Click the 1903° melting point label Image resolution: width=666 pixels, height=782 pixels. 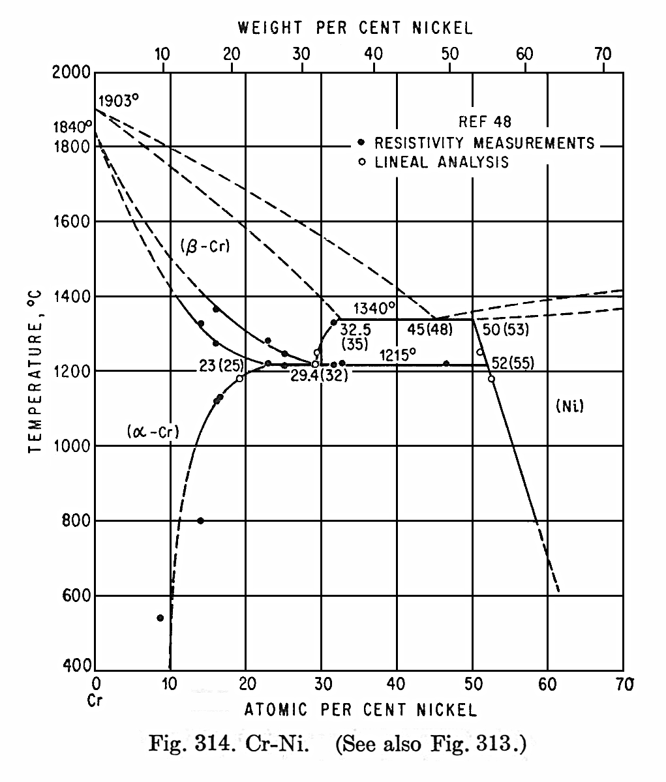(119, 100)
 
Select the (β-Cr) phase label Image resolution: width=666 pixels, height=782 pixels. (205, 246)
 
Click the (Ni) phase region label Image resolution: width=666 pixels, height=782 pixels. (569, 406)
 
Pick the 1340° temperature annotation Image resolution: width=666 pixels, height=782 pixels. (374, 307)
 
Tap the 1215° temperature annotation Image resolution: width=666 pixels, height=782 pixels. (398, 355)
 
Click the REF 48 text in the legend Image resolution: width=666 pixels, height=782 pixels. (485, 121)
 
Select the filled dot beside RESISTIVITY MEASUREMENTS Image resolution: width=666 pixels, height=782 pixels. (361, 142)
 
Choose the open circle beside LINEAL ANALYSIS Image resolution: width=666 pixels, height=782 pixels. (361, 162)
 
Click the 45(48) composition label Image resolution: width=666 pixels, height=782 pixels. (430, 329)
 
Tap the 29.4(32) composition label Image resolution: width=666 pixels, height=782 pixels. (319, 377)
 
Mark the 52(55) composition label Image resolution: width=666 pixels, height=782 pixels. (513, 364)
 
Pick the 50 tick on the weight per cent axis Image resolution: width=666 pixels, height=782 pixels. (449, 55)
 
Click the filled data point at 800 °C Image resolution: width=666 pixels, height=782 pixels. (200, 520)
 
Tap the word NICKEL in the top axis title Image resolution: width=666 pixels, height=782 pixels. (442, 28)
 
